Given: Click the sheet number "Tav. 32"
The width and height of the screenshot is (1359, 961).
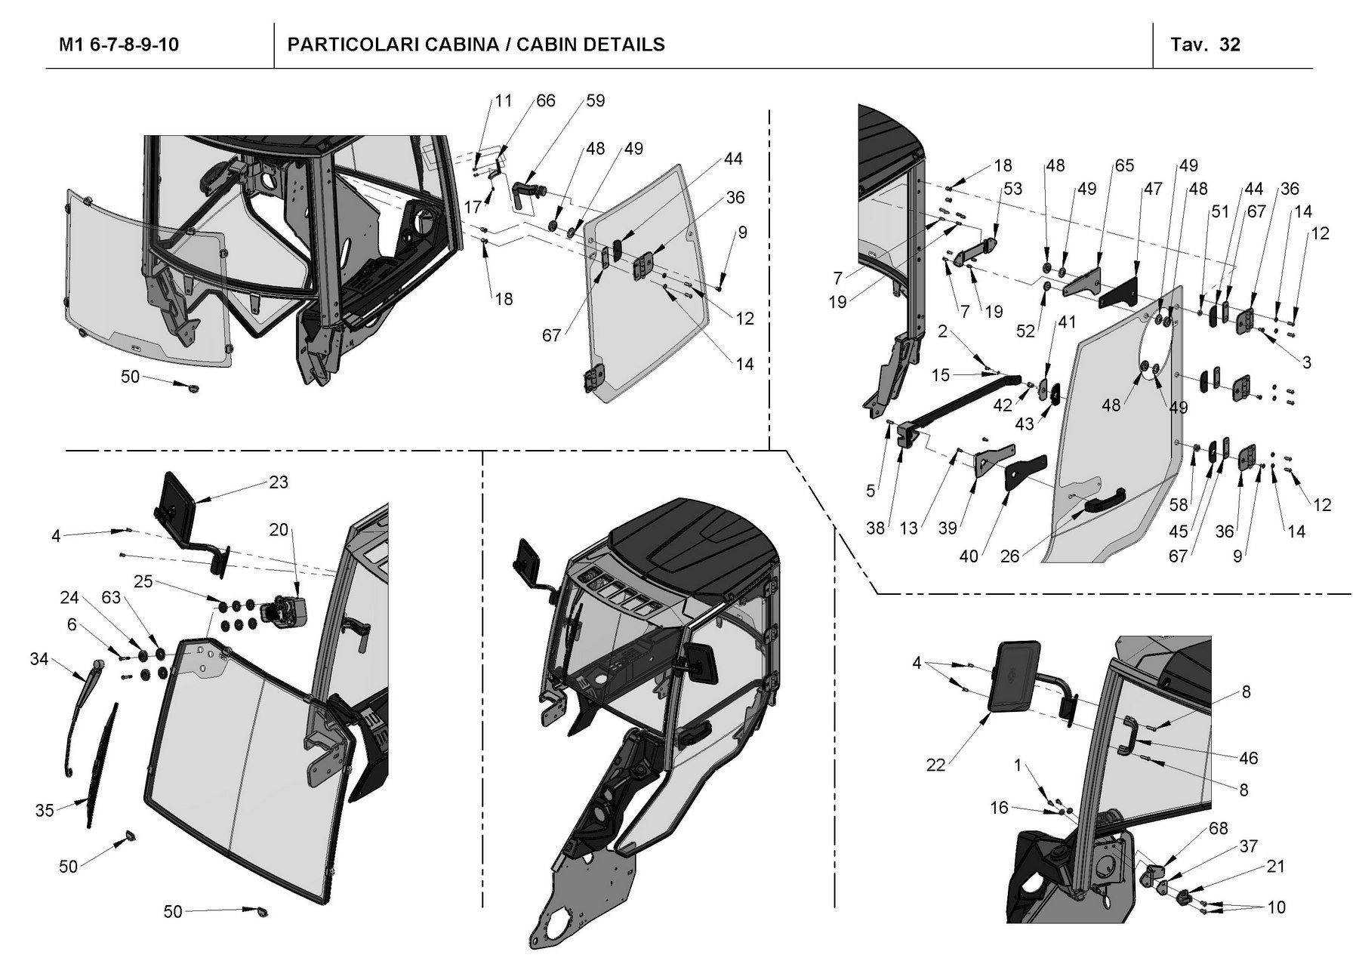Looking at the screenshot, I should [x=1205, y=45].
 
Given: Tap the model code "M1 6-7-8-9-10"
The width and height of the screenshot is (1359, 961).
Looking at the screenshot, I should [x=119, y=45].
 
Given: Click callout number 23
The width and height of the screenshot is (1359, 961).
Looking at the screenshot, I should [x=279, y=482].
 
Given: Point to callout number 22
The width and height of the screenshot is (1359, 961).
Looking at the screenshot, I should [x=935, y=765].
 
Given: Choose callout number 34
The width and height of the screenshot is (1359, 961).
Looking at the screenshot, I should [x=39, y=660].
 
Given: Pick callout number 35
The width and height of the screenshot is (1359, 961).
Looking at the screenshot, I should [x=45, y=810].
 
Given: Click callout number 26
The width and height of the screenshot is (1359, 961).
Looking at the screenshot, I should [x=1009, y=556].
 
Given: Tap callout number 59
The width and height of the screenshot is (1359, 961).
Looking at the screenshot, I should [x=595, y=100].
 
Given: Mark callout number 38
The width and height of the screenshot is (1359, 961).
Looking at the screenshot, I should [x=875, y=528].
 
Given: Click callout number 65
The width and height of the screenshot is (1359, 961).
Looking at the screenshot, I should [x=1124, y=165].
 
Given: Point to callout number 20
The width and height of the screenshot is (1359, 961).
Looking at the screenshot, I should [x=279, y=530].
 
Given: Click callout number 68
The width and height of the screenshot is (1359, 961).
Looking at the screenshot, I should [x=1218, y=829].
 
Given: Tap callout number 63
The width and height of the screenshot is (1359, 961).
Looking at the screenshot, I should [x=111, y=598].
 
